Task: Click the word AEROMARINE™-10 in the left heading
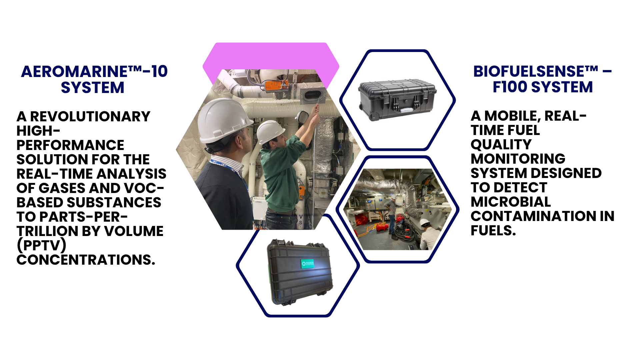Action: pyautogui.click(x=94, y=71)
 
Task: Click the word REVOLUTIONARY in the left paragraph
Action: pyautogui.click(x=90, y=116)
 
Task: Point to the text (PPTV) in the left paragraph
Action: pyautogui.click(x=41, y=245)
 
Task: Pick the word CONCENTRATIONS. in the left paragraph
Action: pyautogui.click(x=86, y=260)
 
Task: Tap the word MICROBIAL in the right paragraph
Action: pyautogui.click(x=511, y=202)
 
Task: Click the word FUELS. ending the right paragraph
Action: pyautogui.click(x=493, y=230)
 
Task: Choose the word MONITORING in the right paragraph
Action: pyautogui.click(x=518, y=159)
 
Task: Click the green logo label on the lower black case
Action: pyautogui.click(x=308, y=264)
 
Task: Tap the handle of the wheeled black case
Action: pyautogui.click(x=407, y=109)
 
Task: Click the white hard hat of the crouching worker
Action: pyautogui.click(x=424, y=222)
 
